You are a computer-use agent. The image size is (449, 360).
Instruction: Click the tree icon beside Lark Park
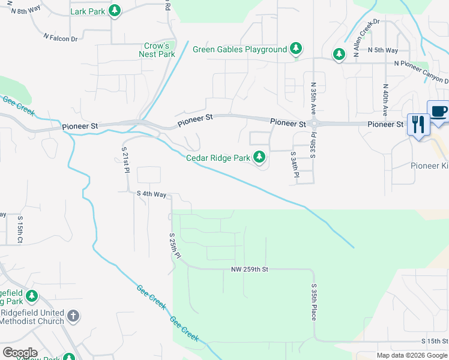click(115, 11)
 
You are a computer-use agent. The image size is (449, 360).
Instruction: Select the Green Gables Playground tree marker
click(295, 49)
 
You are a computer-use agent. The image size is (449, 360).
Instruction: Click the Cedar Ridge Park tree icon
click(259, 158)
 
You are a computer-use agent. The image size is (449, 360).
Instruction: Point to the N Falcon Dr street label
click(61, 38)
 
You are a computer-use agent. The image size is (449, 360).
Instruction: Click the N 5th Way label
click(383, 50)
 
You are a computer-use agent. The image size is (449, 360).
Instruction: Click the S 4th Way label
click(151, 194)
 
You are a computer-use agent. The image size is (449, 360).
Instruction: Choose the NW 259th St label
click(249, 269)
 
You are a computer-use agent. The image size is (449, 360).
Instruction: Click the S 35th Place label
click(313, 302)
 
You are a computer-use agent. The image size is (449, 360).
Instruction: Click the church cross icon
click(73, 316)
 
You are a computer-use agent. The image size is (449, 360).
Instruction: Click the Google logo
click(19, 353)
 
